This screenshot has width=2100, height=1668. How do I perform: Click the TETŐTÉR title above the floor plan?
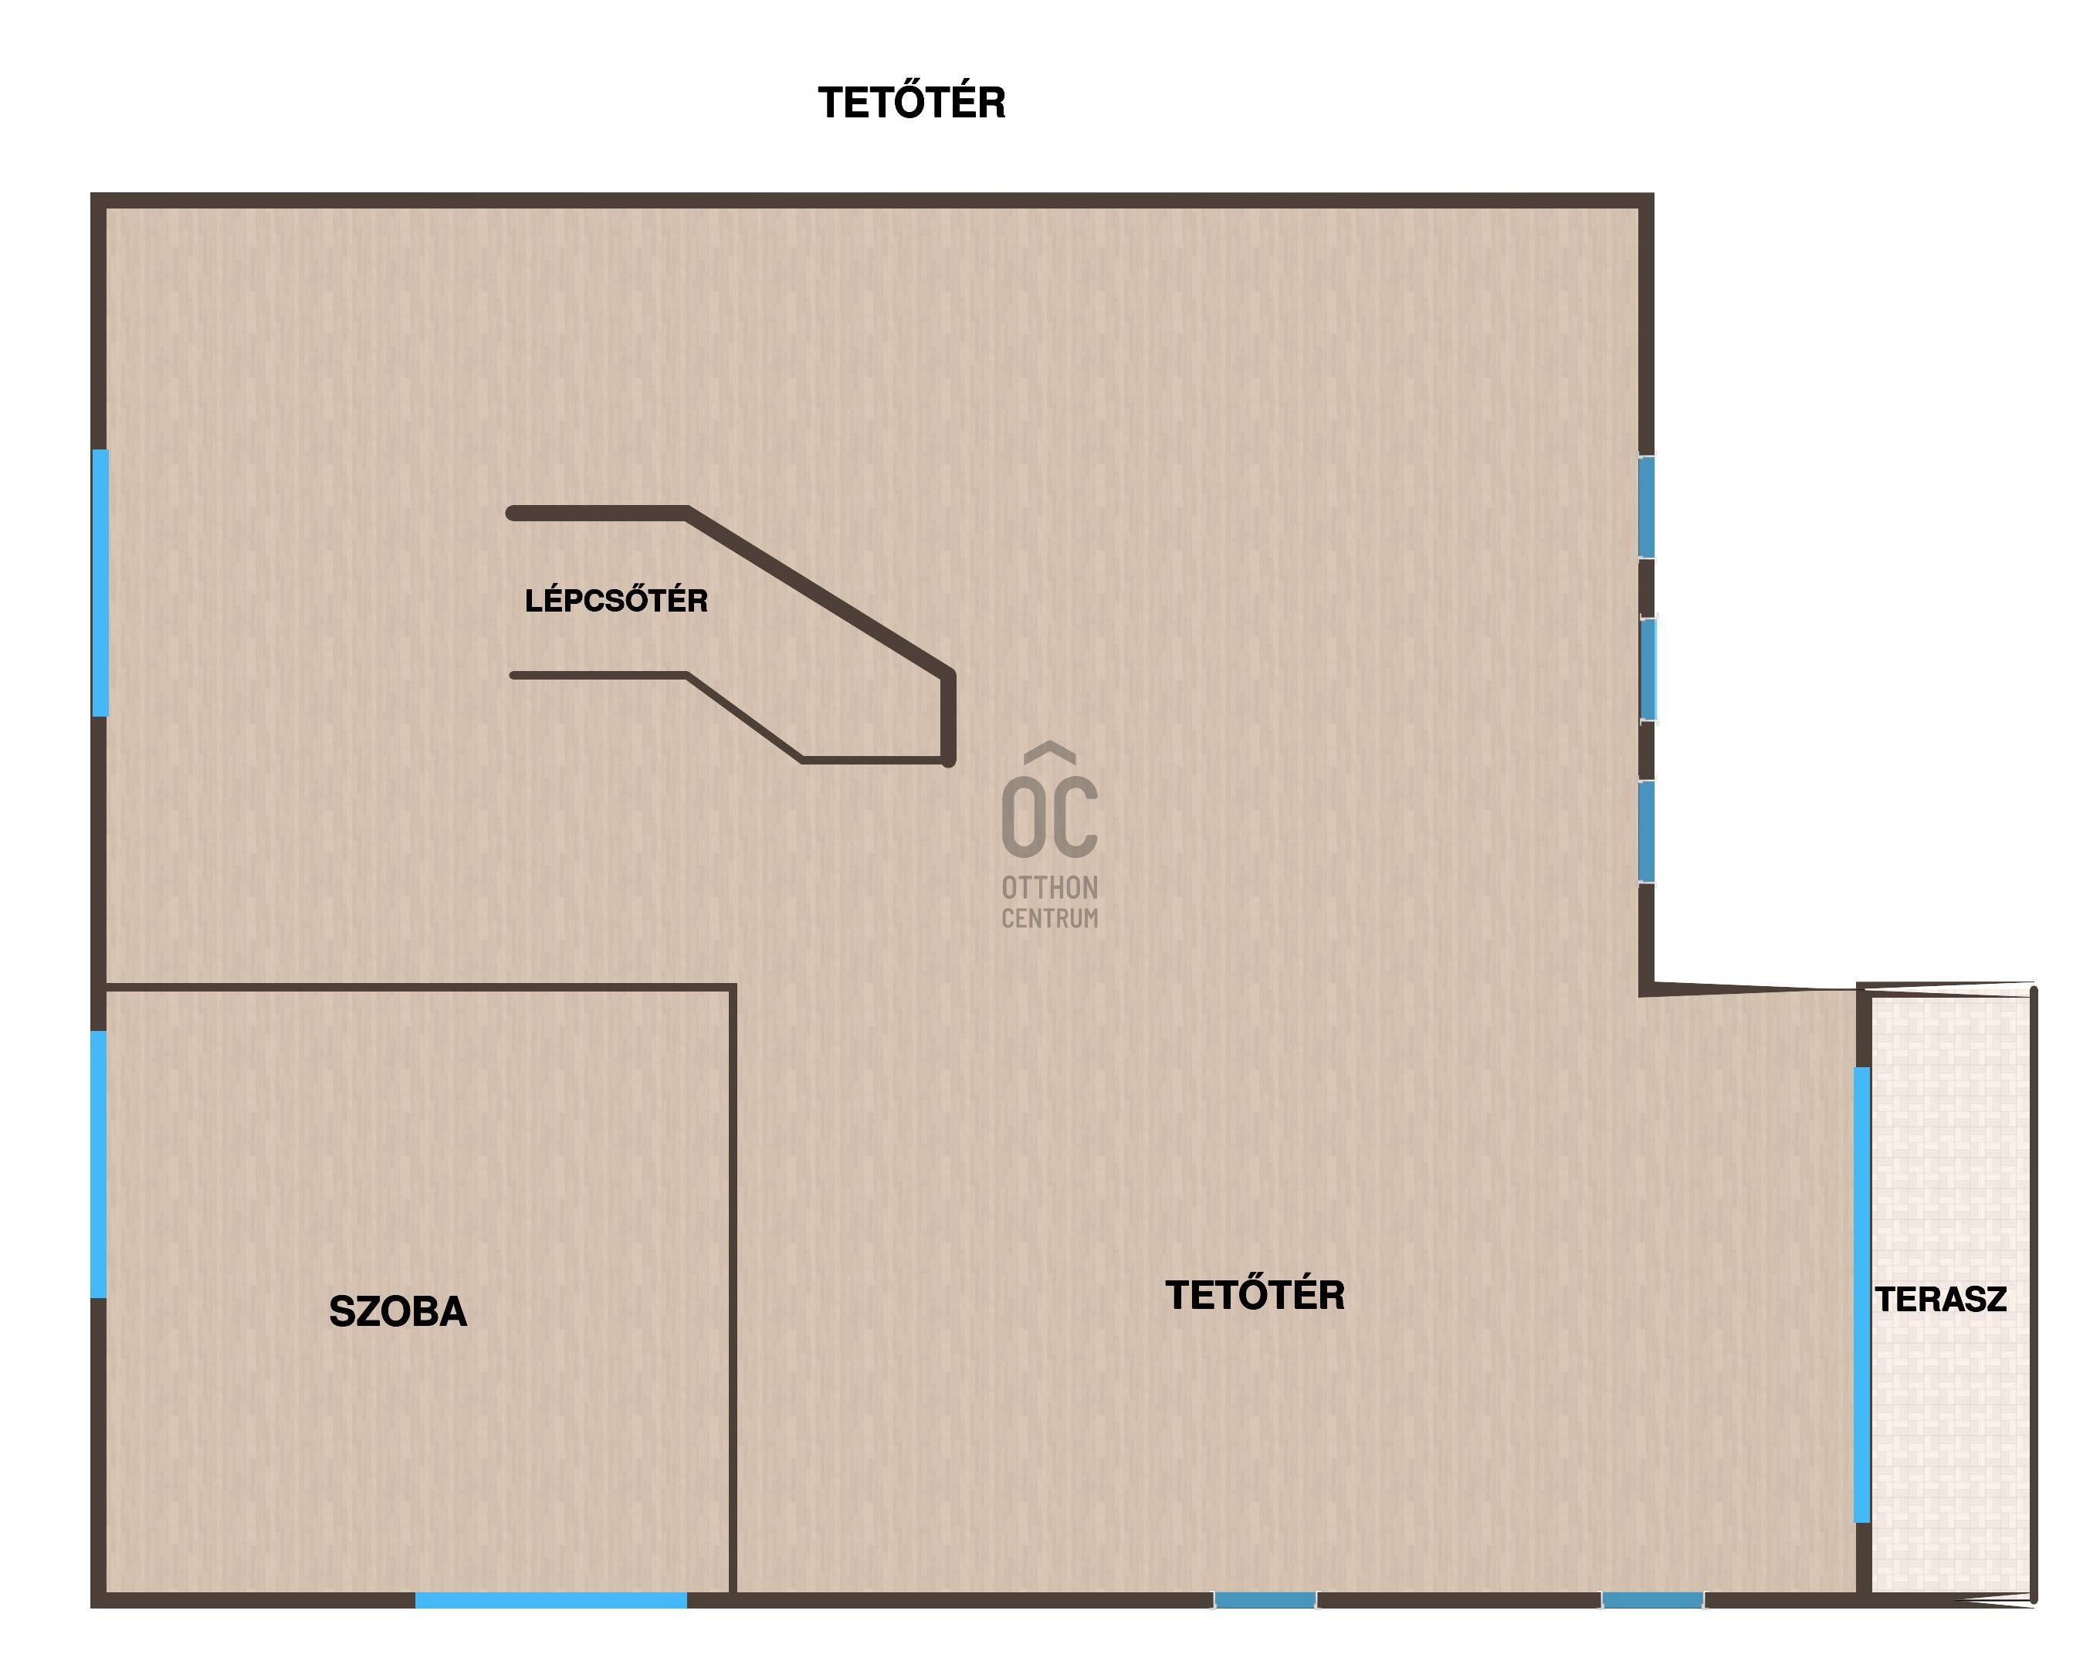pyautogui.click(x=912, y=102)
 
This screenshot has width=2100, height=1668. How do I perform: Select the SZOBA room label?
pyautogui.click(x=398, y=1311)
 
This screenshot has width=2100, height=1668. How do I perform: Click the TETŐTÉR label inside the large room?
pyautogui.click(x=1255, y=1294)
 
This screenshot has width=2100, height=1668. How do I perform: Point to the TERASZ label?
pyautogui.click(x=1940, y=1299)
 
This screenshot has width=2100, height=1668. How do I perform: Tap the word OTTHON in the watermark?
pyautogui.click(x=1050, y=887)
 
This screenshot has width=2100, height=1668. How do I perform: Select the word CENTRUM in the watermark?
pyautogui.click(x=1050, y=918)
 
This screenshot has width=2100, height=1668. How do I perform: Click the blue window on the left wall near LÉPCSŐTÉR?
pyautogui.click(x=100, y=582)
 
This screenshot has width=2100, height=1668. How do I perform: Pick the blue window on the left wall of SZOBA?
pyautogui.click(x=98, y=1165)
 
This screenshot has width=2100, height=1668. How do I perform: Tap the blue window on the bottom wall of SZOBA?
pyautogui.click(x=551, y=1600)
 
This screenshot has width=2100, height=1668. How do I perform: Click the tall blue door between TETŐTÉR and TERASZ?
pyautogui.click(x=1861, y=1294)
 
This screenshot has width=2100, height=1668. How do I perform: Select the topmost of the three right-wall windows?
pyautogui.click(x=1646, y=507)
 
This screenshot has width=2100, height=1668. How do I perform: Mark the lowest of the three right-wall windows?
pyautogui.click(x=1646, y=832)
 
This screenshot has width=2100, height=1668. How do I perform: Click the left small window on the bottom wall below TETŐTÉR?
pyautogui.click(x=1265, y=1600)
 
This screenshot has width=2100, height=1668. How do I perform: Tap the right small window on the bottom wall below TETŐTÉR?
pyautogui.click(x=1653, y=1600)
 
